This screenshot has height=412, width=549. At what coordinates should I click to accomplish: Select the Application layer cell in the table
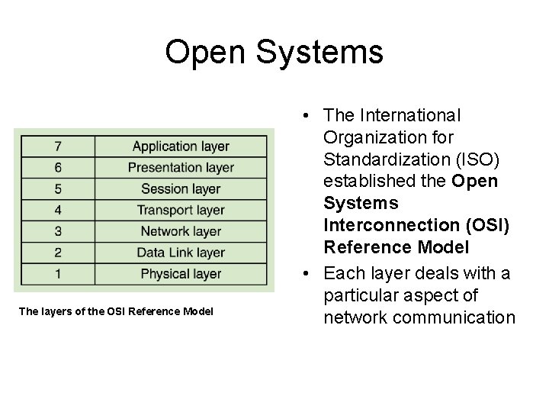point(181,146)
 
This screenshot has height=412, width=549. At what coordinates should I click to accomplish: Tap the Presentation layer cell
point(181,167)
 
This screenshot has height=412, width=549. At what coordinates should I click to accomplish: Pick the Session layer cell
point(181,188)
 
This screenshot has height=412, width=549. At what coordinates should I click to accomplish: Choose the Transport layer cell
point(181,210)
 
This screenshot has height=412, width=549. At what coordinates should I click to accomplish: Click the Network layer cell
point(181,231)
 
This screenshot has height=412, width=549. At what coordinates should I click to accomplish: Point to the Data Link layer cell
point(181,253)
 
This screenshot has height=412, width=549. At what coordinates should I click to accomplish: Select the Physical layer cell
point(181,273)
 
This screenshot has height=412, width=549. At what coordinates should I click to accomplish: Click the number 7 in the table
point(58,146)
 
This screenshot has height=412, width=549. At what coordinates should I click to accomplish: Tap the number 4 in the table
point(58,210)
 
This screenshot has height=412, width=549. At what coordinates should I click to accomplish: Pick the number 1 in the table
point(58,273)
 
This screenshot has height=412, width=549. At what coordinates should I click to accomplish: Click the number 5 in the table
point(58,188)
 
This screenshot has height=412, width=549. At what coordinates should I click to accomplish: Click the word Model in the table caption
point(198,311)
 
